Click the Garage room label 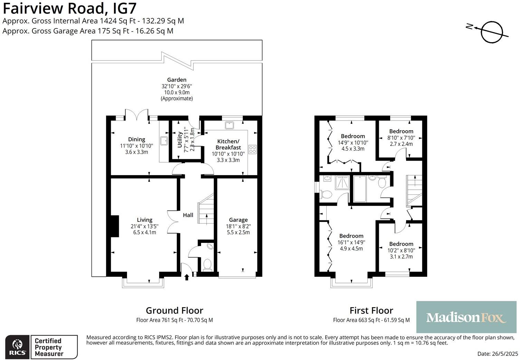[238, 220]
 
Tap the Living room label [145, 220]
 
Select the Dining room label [136, 139]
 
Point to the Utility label [180, 140]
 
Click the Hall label [188, 215]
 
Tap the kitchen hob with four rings [252, 149]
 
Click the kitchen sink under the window [229, 125]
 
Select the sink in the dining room [164, 141]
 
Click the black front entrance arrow [187, 277]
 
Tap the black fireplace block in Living [115, 226]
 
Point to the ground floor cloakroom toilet [207, 265]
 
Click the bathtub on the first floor [359, 189]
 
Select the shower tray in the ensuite [342, 182]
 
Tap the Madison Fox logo [466, 317]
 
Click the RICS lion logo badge [17, 347]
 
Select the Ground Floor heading [174, 311]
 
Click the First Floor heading [372, 311]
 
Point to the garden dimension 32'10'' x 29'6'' [177, 86]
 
